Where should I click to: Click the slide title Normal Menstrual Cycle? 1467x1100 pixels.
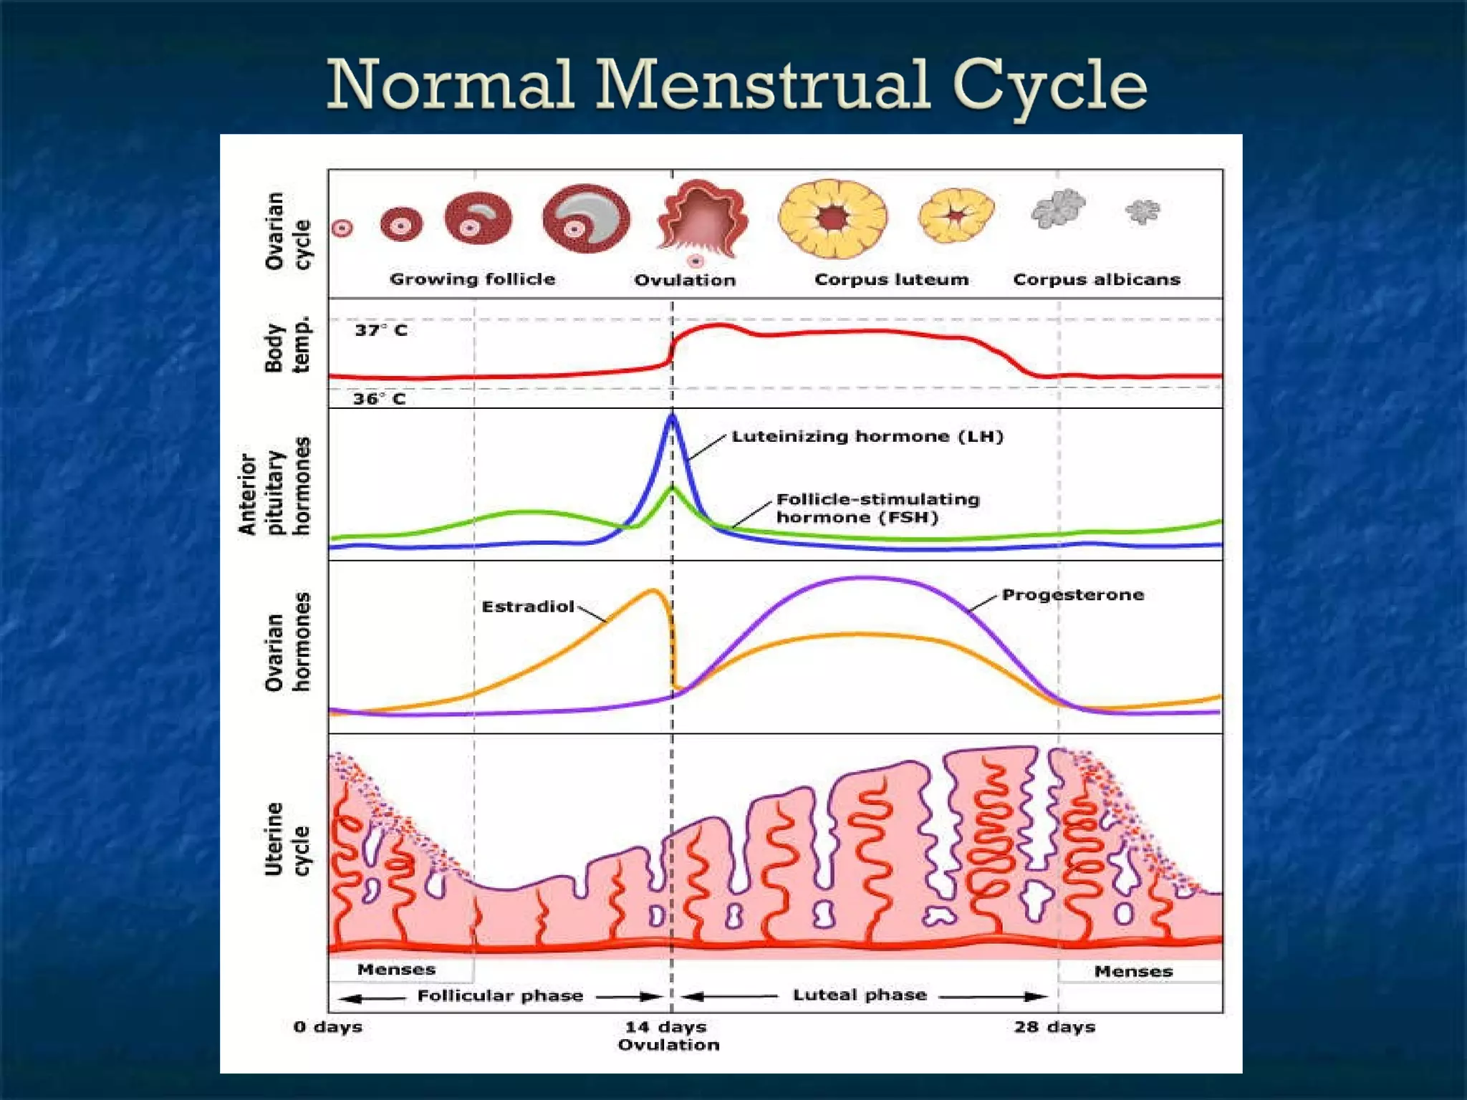[736, 85]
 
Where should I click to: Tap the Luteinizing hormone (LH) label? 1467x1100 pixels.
[867, 436]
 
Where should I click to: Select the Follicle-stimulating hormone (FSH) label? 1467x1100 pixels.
[877, 508]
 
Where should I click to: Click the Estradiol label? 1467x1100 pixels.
[528, 607]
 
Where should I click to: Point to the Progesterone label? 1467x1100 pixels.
[1072, 594]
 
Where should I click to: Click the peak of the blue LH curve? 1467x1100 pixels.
[672, 415]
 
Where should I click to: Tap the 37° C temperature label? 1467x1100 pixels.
[381, 330]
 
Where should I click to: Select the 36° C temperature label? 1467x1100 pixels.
[380, 399]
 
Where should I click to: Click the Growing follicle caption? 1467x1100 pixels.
[472, 279]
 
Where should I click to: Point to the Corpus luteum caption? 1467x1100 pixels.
[891, 279]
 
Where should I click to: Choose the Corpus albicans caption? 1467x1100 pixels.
[1096, 279]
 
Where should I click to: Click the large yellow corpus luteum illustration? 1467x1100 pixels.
[832, 218]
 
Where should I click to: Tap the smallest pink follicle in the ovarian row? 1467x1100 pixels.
[342, 228]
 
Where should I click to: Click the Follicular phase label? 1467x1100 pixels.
[500, 995]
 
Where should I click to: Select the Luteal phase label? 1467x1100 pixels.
[860, 995]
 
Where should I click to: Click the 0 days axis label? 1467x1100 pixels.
[328, 1026]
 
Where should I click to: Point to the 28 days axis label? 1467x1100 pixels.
[1054, 1026]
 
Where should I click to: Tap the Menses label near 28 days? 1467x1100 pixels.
[1133, 971]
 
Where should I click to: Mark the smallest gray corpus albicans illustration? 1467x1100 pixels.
[1143, 211]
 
